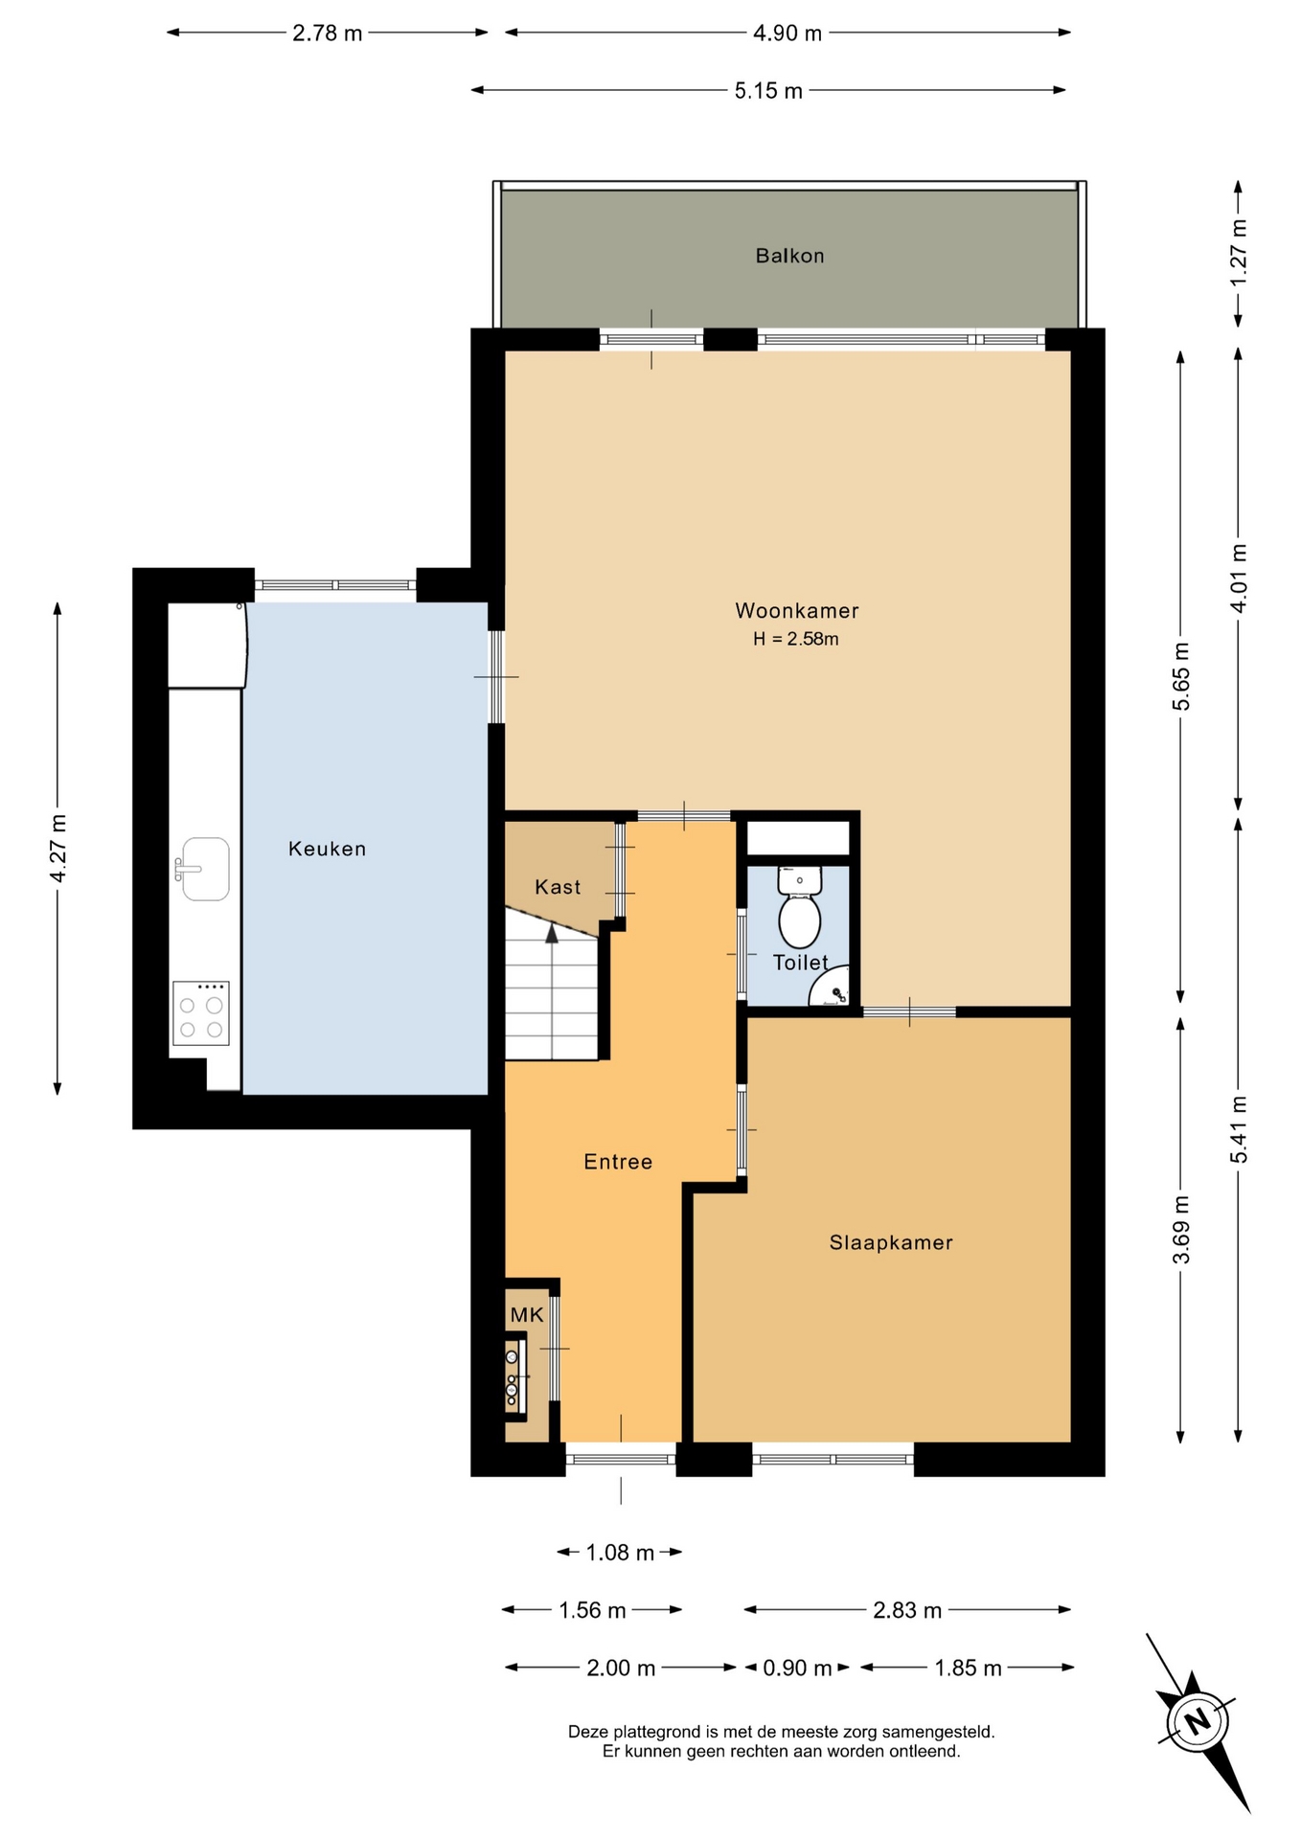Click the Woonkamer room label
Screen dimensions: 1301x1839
[x=796, y=610]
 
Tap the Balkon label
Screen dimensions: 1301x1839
[x=789, y=256]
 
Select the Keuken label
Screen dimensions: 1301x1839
[x=327, y=849]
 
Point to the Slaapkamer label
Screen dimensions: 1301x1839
[x=891, y=1242]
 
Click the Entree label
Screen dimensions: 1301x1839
[x=618, y=1162]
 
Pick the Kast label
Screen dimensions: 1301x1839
[x=558, y=887]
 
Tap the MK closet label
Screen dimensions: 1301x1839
[x=527, y=1315]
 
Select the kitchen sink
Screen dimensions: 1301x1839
[x=202, y=869]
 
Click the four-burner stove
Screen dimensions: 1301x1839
[x=201, y=1012]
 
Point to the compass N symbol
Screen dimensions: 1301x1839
[x=1198, y=1721]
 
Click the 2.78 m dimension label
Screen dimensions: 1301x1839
[x=328, y=33]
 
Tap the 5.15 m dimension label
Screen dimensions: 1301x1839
[x=768, y=91]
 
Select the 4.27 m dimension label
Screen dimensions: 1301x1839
[x=58, y=849]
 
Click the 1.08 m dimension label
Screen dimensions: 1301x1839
[x=620, y=1553]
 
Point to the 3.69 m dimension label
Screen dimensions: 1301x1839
[x=1181, y=1230]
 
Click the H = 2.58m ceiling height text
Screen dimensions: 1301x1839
[x=795, y=639]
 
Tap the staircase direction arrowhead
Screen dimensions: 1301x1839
[x=552, y=933]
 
